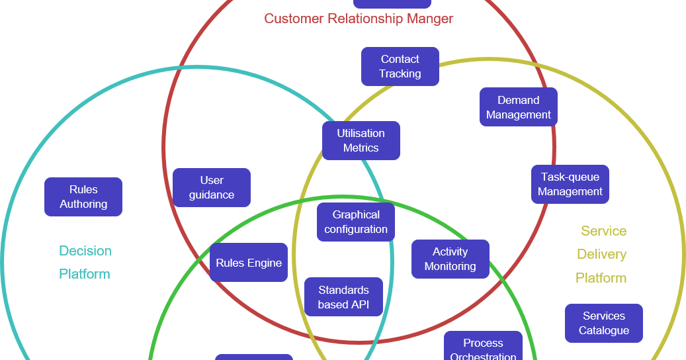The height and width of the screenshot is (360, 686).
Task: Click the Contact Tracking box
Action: tap(400, 66)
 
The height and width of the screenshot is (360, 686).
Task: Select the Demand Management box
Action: tap(518, 107)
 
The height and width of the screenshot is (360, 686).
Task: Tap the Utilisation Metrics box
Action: tap(361, 140)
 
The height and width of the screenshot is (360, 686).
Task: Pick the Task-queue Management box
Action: tap(570, 184)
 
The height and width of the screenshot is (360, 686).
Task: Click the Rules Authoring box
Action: tap(83, 197)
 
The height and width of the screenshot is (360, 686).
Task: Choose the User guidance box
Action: tap(211, 187)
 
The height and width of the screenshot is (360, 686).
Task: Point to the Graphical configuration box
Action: tap(355, 222)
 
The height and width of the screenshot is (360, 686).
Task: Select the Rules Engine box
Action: tap(249, 263)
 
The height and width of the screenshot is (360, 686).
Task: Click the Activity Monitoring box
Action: tap(450, 259)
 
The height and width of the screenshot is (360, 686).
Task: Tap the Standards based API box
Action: tap(343, 297)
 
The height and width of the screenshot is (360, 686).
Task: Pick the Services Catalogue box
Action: tap(603, 323)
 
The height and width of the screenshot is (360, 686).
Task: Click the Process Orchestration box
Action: tap(483, 348)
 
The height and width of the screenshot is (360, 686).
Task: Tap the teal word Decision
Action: tap(85, 251)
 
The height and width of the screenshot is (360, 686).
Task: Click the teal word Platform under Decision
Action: tap(85, 274)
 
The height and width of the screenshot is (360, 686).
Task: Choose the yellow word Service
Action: tap(603, 231)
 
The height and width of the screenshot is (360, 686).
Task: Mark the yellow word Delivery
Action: tap(601, 254)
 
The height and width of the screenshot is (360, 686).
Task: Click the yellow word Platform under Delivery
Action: tap(601, 278)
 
